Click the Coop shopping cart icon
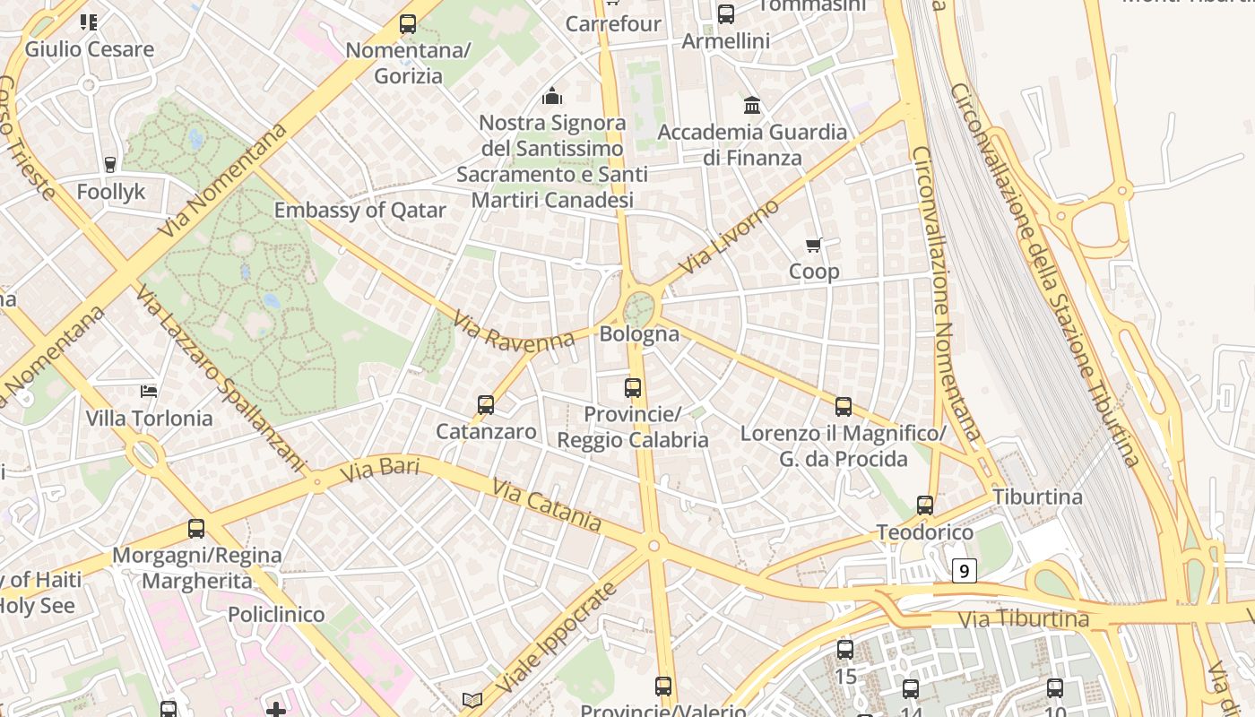click(x=814, y=245)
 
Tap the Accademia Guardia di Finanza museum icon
click(x=752, y=106)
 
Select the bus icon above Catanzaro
click(x=486, y=405)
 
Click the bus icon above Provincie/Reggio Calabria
click(x=633, y=388)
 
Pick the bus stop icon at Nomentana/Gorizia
click(x=408, y=24)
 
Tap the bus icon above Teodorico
click(x=925, y=505)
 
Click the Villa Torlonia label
click(x=149, y=419)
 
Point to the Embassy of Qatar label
click(x=359, y=211)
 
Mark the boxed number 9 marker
click(x=964, y=570)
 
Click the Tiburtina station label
click(x=1037, y=497)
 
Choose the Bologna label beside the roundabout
click(x=639, y=334)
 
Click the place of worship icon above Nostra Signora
click(x=552, y=96)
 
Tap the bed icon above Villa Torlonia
click(x=149, y=391)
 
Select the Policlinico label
click(x=276, y=615)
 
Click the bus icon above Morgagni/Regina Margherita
click(x=196, y=529)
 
